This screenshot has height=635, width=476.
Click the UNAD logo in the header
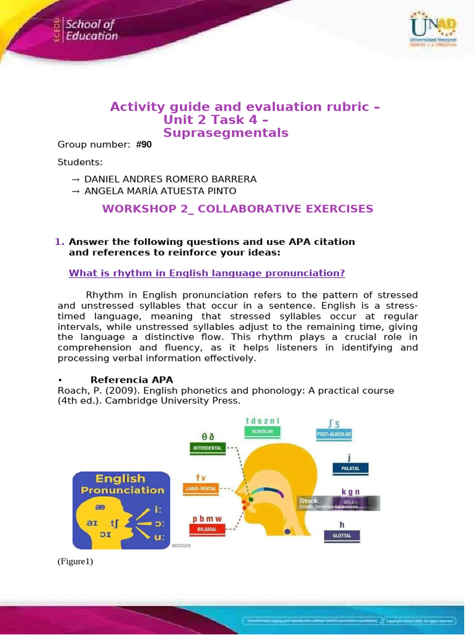point(432,32)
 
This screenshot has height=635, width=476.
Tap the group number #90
point(143,144)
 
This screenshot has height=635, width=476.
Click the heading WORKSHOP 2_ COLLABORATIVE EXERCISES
point(238,209)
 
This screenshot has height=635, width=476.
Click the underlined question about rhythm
point(206,273)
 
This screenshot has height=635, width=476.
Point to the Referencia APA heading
point(131,380)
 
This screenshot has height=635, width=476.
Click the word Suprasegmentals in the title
point(226,133)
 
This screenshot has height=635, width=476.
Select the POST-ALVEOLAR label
point(334,435)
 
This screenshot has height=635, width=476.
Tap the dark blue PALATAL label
point(350,469)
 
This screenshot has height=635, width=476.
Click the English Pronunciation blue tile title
point(121,484)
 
